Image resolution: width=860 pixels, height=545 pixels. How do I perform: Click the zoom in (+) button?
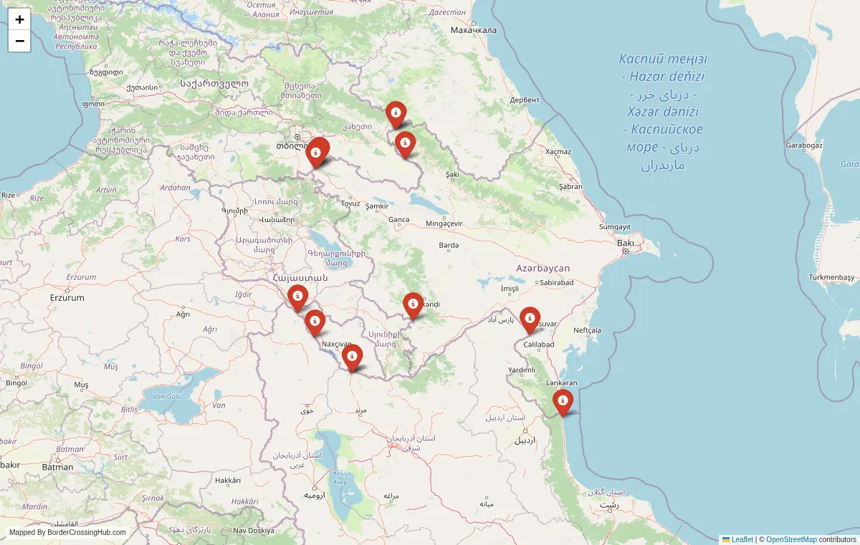coord(19,19)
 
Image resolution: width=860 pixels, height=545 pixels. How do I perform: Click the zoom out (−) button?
coord(19,41)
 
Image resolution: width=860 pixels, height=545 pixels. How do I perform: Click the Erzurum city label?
coord(67,297)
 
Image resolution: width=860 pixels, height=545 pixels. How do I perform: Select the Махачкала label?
coord(474,30)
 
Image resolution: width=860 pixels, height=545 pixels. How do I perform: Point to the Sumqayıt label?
coord(615,226)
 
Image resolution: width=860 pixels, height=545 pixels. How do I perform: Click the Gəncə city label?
coord(398,220)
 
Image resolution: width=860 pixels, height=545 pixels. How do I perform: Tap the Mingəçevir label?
coord(444,223)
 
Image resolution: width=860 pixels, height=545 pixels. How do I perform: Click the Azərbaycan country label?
coord(543,268)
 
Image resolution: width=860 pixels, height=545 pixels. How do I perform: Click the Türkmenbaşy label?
coord(831,277)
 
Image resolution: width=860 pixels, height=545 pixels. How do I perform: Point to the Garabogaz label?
coord(803,145)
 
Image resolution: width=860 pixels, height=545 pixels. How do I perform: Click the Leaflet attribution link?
coord(742,539)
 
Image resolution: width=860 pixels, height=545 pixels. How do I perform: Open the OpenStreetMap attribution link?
coord(791,539)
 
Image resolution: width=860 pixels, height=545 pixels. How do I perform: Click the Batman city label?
coord(57,467)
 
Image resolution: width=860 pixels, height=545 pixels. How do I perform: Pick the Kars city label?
coord(183,238)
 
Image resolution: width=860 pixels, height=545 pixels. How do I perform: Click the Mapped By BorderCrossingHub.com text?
coord(67,532)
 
